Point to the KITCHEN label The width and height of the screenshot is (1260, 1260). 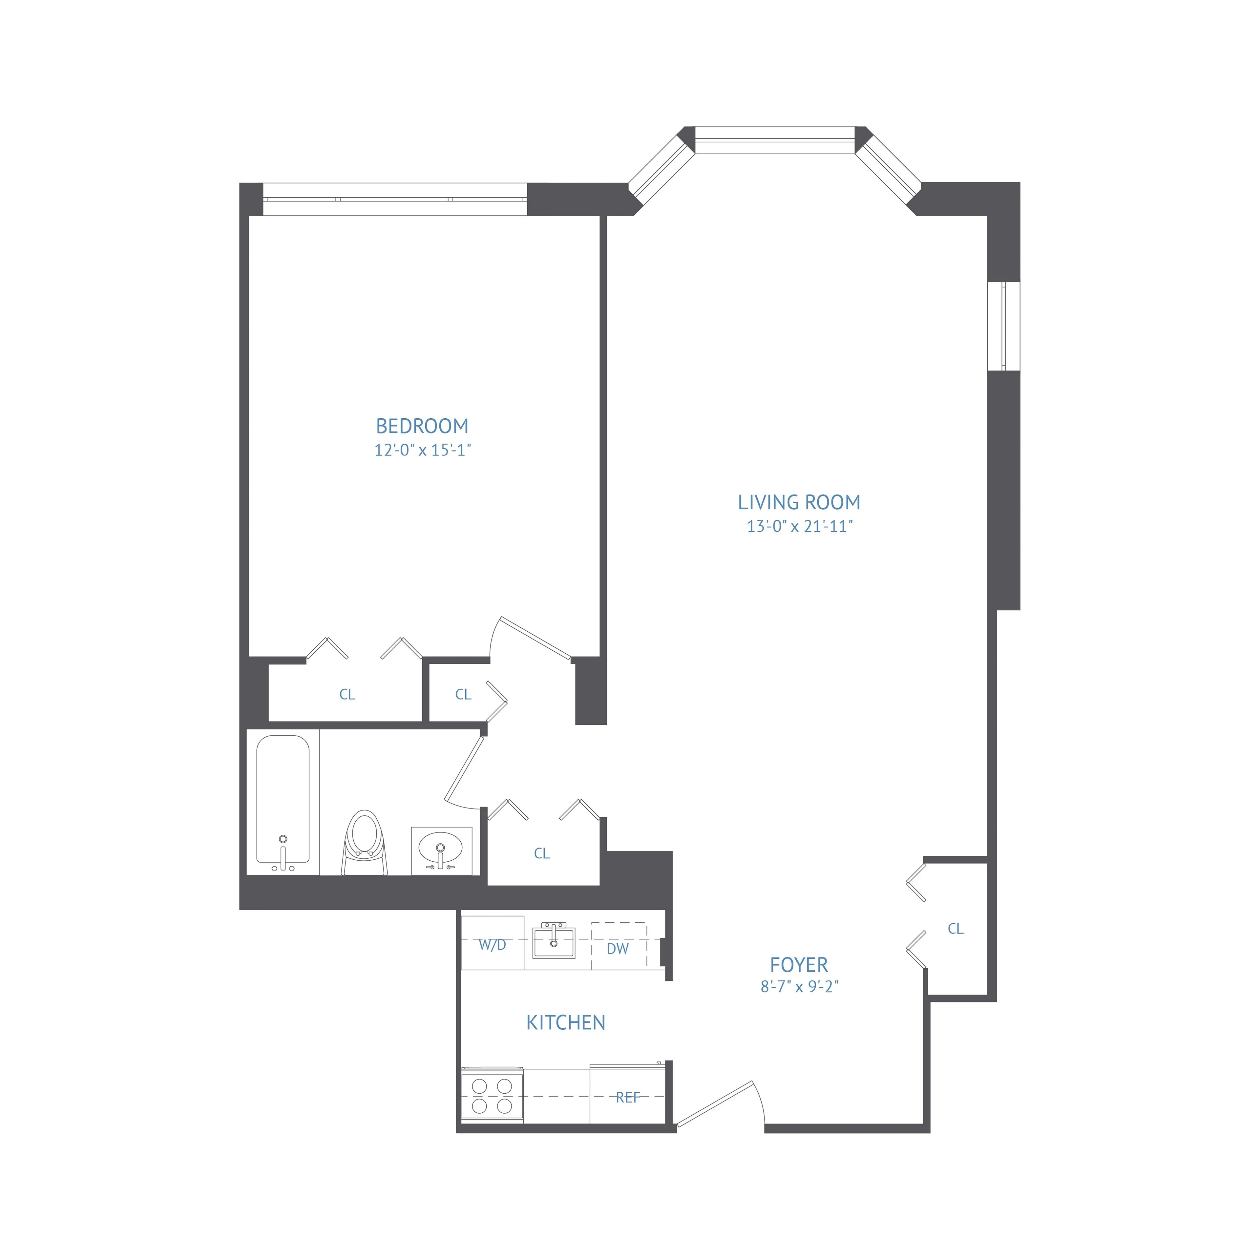(x=565, y=1023)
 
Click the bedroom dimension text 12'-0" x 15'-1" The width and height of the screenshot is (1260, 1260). (x=422, y=450)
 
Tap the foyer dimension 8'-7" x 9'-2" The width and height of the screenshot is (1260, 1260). (x=799, y=987)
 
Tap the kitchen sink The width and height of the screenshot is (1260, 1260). (x=554, y=941)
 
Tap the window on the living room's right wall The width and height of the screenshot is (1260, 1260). (x=1003, y=326)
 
